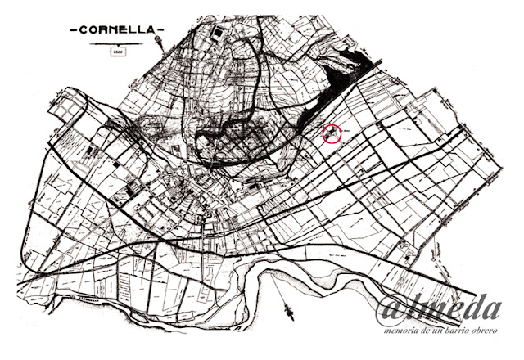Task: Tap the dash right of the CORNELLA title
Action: (x=160, y=30)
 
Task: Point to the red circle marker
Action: (x=332, y=133)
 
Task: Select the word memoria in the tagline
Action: (x=401, y=331)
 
